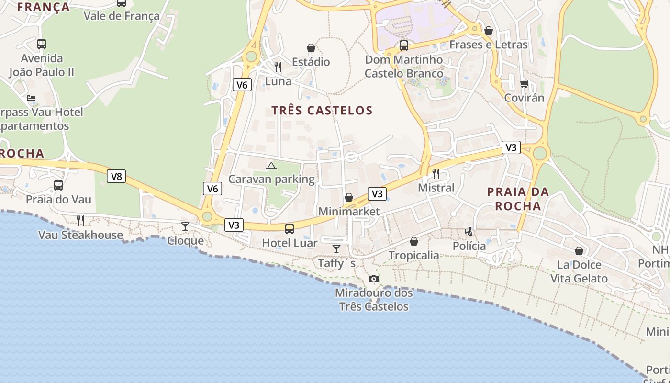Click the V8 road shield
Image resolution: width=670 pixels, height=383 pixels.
coord(116,176)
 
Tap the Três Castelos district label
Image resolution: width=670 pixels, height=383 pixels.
coord(322,111)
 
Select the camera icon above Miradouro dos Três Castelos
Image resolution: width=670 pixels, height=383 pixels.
coord(374,279)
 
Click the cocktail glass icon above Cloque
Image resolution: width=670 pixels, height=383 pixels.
coord(185,226)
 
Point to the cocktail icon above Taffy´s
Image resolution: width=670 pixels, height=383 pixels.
coord(336,248)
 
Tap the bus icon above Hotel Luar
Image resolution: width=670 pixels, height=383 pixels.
coord(290,228)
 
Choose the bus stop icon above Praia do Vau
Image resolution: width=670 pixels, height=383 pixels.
coord(58,185)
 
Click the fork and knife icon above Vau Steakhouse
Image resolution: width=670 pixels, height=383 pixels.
coord(80,220)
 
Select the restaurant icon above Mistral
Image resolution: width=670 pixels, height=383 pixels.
coord(435,173)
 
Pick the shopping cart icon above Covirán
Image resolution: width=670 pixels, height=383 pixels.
coord(524,84)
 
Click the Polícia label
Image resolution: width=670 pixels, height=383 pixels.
coord(469,246)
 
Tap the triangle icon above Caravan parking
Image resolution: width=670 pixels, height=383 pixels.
coord(271,166)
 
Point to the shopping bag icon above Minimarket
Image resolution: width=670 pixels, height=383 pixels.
coord(349,197)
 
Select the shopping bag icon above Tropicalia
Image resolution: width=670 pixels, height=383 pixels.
coord(414,241)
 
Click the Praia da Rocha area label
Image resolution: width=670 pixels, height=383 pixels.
coord(518,199)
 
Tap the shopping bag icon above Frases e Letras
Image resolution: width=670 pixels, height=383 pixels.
coord(489,31)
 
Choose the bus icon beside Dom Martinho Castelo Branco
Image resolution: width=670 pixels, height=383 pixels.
coord(404,45)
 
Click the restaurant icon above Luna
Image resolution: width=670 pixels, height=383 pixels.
coord(278,67)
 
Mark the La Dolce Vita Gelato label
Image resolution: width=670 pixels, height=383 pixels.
coord(579,271)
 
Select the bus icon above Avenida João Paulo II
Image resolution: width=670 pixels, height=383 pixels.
coord(42,44)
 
